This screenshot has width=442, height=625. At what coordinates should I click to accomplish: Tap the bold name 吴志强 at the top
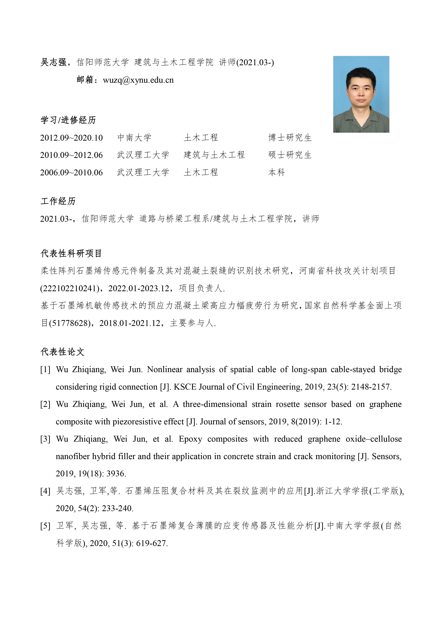point(53,63)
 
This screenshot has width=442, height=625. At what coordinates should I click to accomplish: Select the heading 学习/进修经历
point(68,120)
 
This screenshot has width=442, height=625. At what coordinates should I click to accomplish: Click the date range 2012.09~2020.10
point(71,138)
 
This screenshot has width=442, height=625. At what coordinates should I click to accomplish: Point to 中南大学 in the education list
point(134,138)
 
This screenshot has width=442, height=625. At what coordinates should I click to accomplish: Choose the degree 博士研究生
point(290,138)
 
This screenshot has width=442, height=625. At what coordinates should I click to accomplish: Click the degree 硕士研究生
point(290,155)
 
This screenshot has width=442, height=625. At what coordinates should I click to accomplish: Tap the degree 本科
point(277,173)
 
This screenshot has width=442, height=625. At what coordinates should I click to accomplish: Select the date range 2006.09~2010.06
point(71,173)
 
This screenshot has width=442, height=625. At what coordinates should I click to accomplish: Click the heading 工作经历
point(58,201)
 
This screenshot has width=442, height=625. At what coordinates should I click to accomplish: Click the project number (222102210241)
point(70,289)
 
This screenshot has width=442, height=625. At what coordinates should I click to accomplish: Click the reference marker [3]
point(45,439)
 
